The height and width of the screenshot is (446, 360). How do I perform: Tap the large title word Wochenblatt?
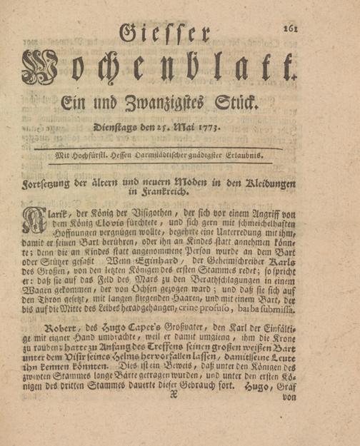click(x=159, y=71)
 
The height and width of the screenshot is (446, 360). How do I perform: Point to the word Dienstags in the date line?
click(x=118, y=128)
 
